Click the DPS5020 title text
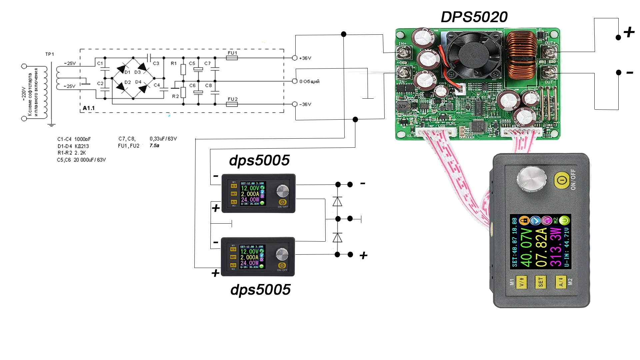pyautogui.click(x=474, y=17)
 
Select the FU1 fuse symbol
pyautogui.click(x=232, y=58)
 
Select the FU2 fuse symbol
pyautogui.click(x=232, y=104)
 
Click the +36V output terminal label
pyautogui.click(x=305, y=58)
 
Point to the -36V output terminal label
pyautogui.click(x=305, y=104)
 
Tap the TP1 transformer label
pyautogui.click(x=50, y=54)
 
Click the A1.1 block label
pyautogui.click(x=89, y=108)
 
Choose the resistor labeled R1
pyautogui.click(x=183, y=69)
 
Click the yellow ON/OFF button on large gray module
pyautogui.click(x=562, y=180)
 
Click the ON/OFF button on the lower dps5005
pyautogui.click(x=282, y=266)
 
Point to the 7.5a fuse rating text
pyautogui.click(x=154, y=146)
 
